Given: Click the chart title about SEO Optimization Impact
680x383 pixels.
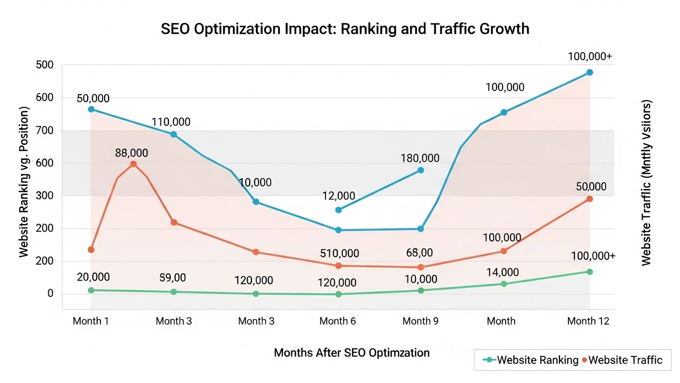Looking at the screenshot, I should pos(345,29).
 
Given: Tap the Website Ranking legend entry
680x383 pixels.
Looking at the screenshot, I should pos(531,360).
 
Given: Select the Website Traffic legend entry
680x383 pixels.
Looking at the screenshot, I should pos(622,360).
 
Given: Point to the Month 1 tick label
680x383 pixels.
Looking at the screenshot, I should pos(91,321).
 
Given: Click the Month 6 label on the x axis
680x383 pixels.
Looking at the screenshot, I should pos(338,321).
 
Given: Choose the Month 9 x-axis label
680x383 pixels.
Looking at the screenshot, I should pos(420,321).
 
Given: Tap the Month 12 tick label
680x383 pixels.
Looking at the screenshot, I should pos(588,321).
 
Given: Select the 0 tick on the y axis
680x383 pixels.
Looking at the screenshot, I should pos(50,294).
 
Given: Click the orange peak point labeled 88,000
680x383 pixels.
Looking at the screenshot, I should pos(133,164).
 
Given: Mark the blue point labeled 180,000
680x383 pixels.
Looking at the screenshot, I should pos(420,170).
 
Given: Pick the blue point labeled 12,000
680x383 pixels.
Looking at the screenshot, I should pos(339,210).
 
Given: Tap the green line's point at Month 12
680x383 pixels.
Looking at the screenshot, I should pos(590,272).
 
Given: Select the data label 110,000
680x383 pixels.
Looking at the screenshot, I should pos(171,122).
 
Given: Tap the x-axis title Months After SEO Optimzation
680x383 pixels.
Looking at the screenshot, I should pos(352,353).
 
